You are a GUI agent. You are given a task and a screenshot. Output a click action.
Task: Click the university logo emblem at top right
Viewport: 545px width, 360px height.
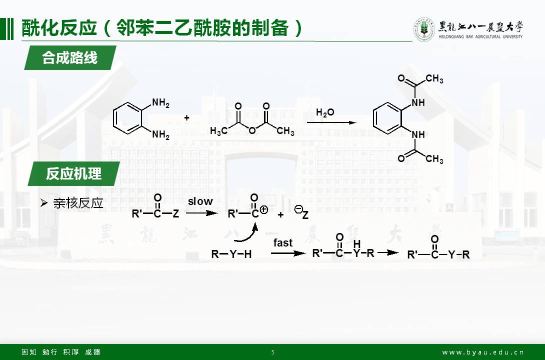tap(423, 29)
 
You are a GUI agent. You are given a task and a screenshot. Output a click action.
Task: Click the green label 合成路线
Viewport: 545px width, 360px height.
tap(70, 58)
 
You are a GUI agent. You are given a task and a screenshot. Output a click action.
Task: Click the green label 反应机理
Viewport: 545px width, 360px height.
tap(73, 173)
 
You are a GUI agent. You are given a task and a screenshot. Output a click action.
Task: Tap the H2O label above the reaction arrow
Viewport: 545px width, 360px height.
tap(325, 112)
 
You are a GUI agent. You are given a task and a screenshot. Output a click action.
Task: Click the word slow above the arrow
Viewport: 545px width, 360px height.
tap(200, 201)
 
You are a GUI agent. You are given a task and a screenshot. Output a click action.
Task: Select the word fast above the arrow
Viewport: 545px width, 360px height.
tap(283, 243)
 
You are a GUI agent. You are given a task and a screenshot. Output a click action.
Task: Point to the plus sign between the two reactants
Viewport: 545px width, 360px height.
tap(186, 118)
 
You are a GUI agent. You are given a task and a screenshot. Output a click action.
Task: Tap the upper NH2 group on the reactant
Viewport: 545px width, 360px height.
tap(160, 103)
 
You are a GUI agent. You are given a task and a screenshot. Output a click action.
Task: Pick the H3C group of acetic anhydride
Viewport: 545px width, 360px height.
tap(219, 131)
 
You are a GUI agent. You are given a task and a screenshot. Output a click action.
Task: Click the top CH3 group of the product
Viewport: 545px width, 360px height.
tap(434, 79)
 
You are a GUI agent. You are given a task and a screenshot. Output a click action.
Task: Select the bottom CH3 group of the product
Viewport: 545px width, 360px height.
tap(434, 159)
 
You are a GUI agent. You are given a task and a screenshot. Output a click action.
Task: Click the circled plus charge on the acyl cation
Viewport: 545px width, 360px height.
tap(264, 210)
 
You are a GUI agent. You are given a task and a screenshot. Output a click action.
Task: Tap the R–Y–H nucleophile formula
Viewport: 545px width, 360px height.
tap(231, 254)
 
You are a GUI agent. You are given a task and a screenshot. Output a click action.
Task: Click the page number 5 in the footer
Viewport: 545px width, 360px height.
tap(272, 352)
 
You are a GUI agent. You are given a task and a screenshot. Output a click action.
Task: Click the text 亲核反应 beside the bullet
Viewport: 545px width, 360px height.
tap(78, 203)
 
